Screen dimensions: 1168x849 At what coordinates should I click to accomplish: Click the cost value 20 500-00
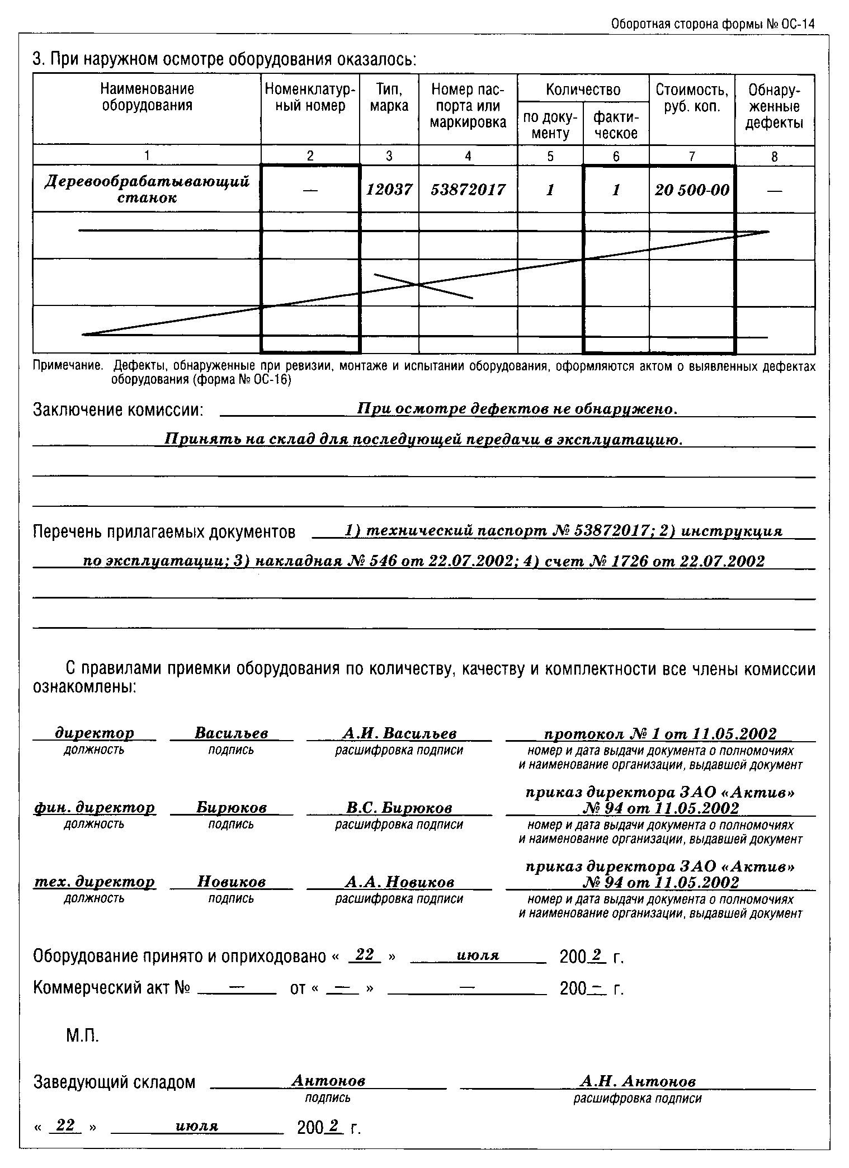[x=692, y=190]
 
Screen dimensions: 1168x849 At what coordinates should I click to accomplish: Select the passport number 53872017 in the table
[x=468, y=190]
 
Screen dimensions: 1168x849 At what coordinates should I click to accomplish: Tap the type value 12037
[x=389, y=190]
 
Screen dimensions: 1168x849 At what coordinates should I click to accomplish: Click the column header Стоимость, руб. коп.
[x=692, y=98]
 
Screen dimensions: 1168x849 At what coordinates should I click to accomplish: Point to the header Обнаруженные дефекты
[x=774, y=106]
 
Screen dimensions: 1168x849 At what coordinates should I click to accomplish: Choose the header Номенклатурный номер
[x=310, y=97]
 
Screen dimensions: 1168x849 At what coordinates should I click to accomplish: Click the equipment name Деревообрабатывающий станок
[x=147, y=189]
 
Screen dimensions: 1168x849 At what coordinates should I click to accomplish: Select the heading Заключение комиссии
[x=117, y=410]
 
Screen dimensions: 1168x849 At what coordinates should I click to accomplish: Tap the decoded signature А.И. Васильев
[x=399, y=733]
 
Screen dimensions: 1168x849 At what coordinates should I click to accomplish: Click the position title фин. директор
[x=94, y=808]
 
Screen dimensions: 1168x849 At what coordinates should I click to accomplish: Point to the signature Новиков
[x=231, y=882]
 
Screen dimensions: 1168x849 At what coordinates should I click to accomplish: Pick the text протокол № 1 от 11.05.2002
[x=660, y=733]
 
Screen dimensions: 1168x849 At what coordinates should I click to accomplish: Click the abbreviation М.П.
[x=82, y=1037]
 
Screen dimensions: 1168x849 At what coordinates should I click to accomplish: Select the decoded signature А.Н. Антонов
[x=638, y=1081]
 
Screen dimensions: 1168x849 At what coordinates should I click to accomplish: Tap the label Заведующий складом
[x=115, y=1082]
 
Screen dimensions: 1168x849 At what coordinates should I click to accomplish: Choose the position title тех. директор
[x=94, y=882]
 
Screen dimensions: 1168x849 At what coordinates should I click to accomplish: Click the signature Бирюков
[x=231, y=808]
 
